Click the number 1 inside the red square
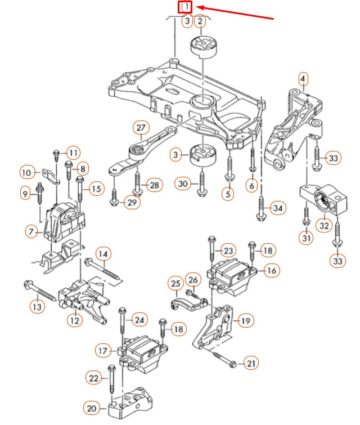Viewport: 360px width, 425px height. [x=186, y=7]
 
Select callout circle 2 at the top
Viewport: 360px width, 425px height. [x=199, y=21]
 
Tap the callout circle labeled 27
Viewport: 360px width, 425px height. [x=139, y=127]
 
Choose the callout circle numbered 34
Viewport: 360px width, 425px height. [x=277, y=208]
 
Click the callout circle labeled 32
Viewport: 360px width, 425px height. [x=324, y=225]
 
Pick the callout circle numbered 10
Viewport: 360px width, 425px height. [x=27, y=172]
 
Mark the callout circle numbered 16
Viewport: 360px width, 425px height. [x=272, y=271]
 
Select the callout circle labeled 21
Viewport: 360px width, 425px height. [x=251, y=364]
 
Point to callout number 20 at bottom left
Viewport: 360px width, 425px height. [x=91, y=407]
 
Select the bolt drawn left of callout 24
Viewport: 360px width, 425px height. [x=121, y=326]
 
